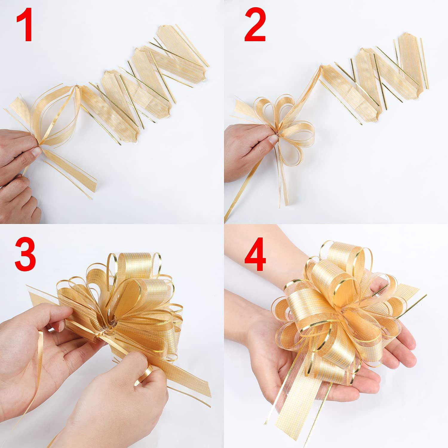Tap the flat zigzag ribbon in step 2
(373, 78)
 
